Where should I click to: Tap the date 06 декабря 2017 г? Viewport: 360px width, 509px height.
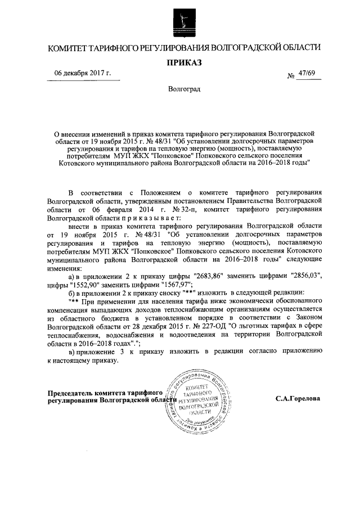(83, 74)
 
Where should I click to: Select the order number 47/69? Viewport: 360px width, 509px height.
(308, 74)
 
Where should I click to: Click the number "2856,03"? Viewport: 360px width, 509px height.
(303, 277)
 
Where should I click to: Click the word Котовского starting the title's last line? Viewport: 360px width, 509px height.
(79, 163)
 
